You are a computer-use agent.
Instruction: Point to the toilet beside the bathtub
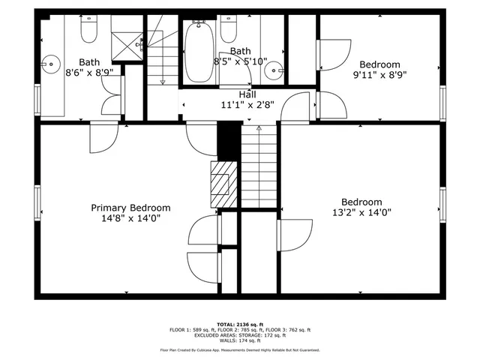(x=227, y=31)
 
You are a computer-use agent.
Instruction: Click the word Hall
(x=247, y=94)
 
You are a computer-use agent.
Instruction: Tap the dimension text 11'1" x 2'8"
(x=248, y=106)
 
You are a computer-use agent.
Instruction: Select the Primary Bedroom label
(x=130, y=208)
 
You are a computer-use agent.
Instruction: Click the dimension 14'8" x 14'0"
(x=130, y=218)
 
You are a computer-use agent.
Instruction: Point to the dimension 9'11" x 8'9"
(x=379, y=75)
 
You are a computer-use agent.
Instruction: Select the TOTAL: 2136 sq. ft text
(x=239, y=323)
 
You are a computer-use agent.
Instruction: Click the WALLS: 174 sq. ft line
(x=239, y=341)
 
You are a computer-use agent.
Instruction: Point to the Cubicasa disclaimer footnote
(x=239, y=350)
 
